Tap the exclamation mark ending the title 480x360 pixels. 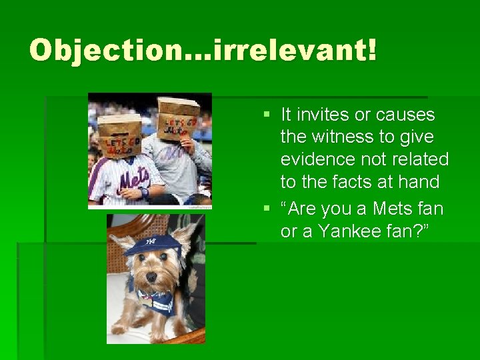[x=370, y=51]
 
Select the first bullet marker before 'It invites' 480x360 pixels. [x=267, y=115]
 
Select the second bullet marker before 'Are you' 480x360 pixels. [x=267, y=209]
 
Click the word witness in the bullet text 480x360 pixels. [x=343, y=137]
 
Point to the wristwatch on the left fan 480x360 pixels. [x=145, y=193]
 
